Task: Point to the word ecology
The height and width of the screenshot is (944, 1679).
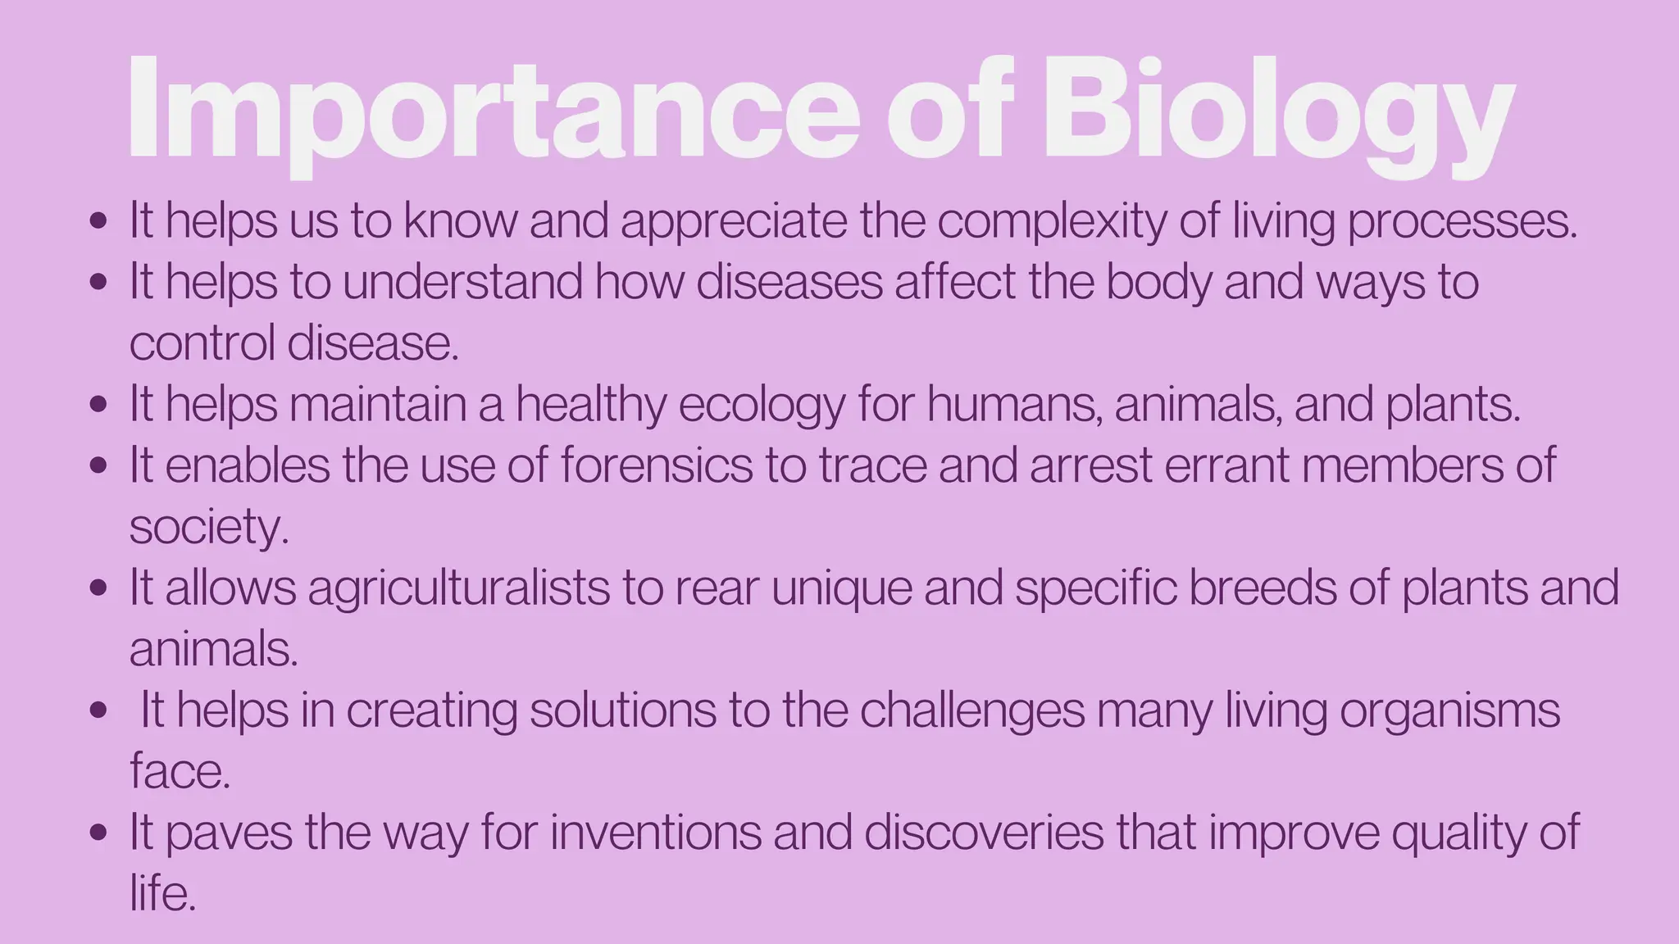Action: coord(762,405)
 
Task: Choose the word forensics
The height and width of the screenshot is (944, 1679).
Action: coord(657,465)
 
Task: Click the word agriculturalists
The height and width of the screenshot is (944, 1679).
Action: coord(459,588)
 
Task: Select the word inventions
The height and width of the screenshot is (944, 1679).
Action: coord(656,832)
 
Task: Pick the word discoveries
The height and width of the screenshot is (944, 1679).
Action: coord(984,832)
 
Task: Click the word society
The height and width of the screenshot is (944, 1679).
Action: coord(209,527)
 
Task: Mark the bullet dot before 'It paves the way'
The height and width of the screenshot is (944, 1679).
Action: coord(98,833)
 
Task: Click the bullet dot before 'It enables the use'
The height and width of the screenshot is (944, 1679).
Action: coord(98,465)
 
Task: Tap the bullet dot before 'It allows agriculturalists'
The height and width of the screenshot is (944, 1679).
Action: coord(98,588)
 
